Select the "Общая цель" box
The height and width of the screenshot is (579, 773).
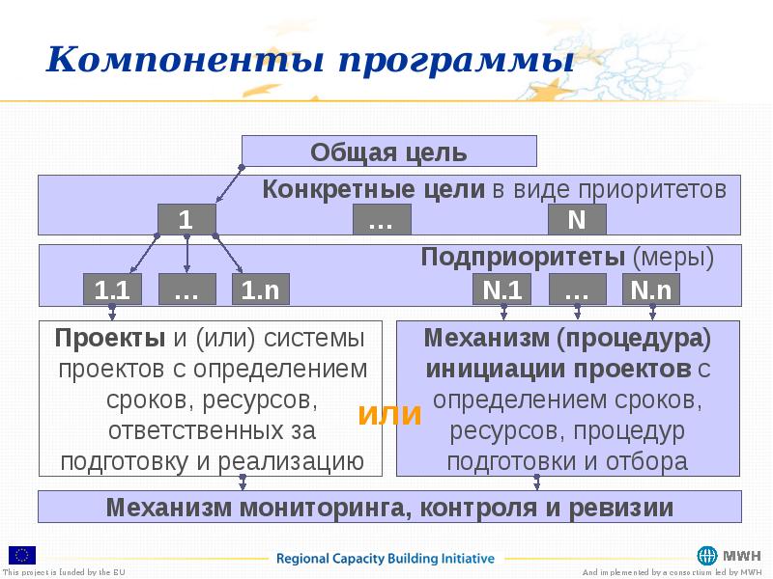click(x=388, y=152)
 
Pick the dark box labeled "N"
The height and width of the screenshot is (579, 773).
click(x=577, y=220)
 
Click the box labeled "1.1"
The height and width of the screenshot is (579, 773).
click(x=113, y=289)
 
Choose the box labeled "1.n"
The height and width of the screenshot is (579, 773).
click(x=260, y=289)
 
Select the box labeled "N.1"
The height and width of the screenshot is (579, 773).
click(x=501, y=289)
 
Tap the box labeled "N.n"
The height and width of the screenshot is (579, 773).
click(x=652, y=289)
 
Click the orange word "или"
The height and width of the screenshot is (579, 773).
click(x=390, y=414)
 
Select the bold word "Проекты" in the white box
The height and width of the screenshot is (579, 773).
click(x=110, y=339)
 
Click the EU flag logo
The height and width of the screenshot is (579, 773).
click(x=23, y=554)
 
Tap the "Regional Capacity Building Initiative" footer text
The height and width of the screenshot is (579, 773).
click(x=386, y=558)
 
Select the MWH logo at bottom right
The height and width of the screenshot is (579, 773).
click(x=729, y=556)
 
